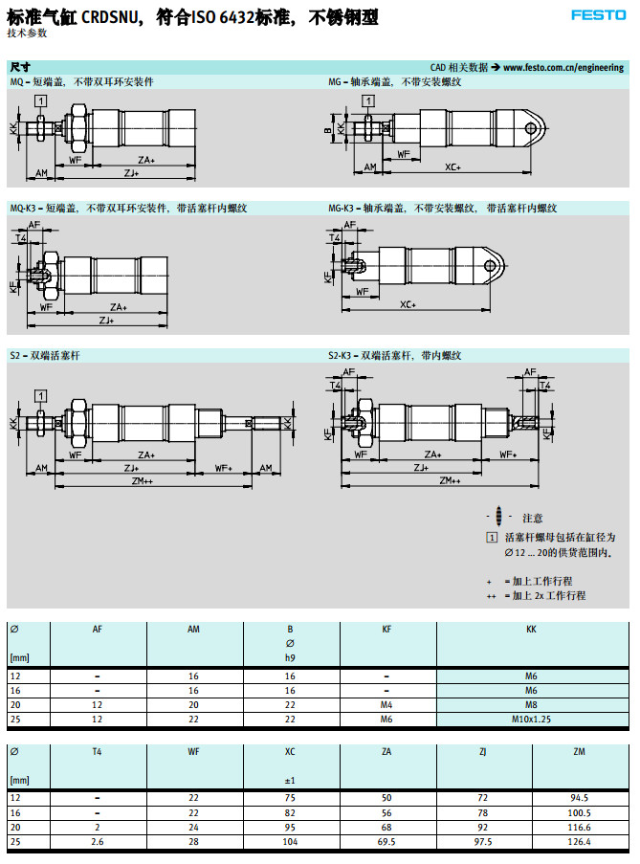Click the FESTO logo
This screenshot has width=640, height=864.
(599, 14)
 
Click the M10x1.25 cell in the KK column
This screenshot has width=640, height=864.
(532, 719)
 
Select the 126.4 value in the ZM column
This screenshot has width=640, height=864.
(580, 841)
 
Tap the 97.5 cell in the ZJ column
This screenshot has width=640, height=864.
(484, 841)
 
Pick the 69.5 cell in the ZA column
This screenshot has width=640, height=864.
(386, 841)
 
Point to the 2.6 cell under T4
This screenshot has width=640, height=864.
(98, 841)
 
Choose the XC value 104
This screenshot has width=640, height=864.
(291, 841)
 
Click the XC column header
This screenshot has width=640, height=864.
(291, 752)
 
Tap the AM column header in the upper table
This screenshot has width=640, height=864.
(193, 629)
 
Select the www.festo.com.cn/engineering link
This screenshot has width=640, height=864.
(563, 68)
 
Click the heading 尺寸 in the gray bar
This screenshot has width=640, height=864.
(20, 68)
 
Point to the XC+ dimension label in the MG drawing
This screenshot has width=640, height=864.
(452, 167)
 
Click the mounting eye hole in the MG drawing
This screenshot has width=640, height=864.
(532, 125)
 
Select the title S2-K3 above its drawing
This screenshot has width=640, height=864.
(342, 356)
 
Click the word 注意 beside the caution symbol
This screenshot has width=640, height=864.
(533, 518)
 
